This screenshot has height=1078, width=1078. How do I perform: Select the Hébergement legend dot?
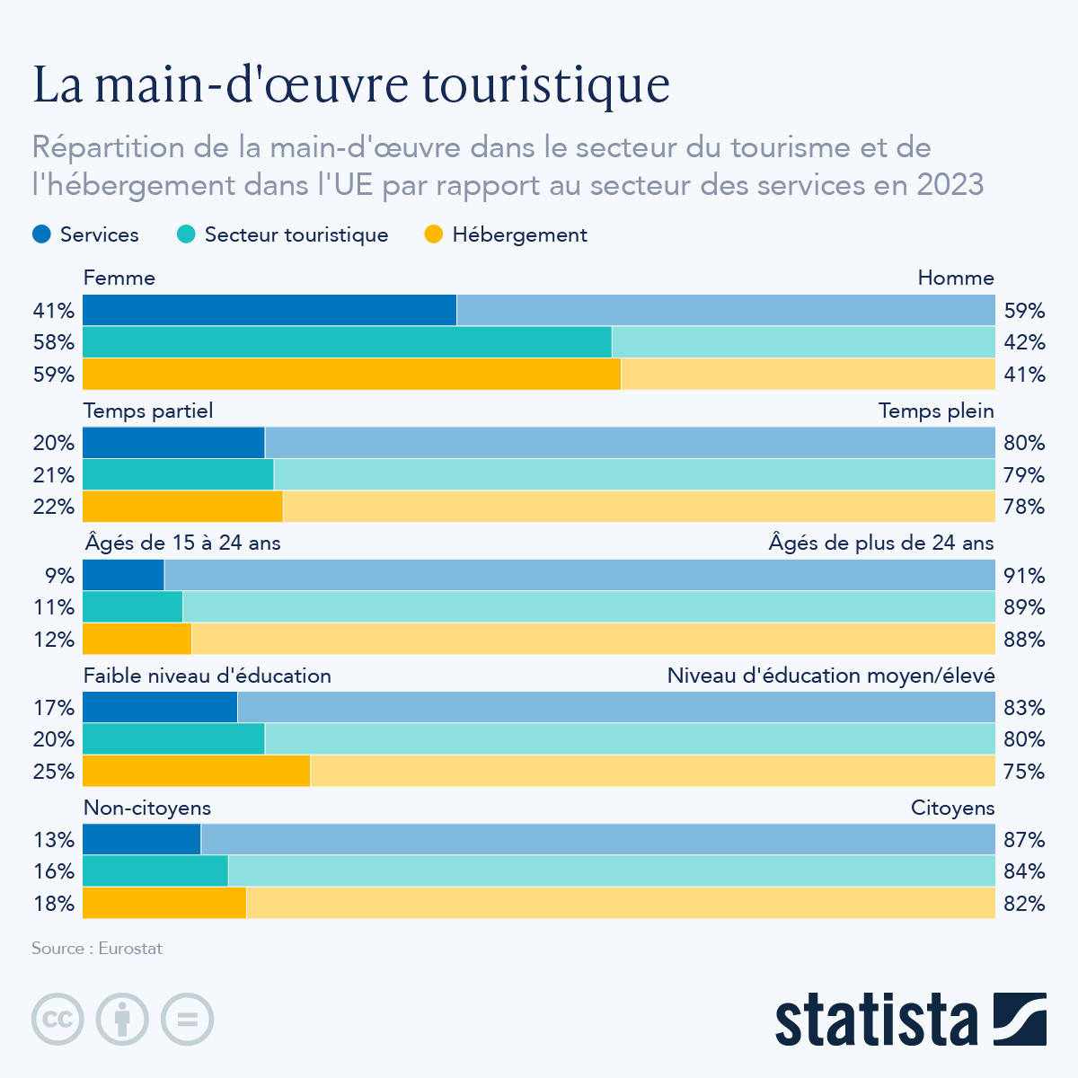[435, 234]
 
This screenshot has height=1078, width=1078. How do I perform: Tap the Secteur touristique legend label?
[296, 234]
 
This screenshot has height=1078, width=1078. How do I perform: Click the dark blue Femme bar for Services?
[269, 310]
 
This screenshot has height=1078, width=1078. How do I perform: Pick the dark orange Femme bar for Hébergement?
[351, 374]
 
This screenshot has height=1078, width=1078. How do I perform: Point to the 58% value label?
[53, 342]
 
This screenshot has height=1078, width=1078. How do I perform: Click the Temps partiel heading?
[148, 411]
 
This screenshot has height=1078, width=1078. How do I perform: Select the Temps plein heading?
[936, 411]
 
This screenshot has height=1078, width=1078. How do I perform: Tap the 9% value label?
[59, 575]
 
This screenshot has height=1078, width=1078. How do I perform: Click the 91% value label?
[1024, 575]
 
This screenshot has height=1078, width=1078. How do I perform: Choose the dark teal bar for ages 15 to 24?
[132, 607]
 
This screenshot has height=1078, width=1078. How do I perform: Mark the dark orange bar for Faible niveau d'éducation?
[196, 771]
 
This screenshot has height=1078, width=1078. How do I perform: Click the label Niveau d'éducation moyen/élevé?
[830, 676]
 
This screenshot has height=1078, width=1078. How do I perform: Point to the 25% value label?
[53, 771]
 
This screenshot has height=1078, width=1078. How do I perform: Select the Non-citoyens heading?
[147, 808]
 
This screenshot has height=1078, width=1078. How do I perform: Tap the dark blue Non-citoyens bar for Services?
[141, 839]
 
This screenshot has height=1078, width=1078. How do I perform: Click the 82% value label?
[1024, 903]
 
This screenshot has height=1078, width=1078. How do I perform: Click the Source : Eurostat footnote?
[97, 948]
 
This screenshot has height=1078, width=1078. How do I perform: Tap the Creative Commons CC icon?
[57, 1020]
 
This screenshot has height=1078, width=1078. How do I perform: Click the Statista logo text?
[877, 1020]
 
